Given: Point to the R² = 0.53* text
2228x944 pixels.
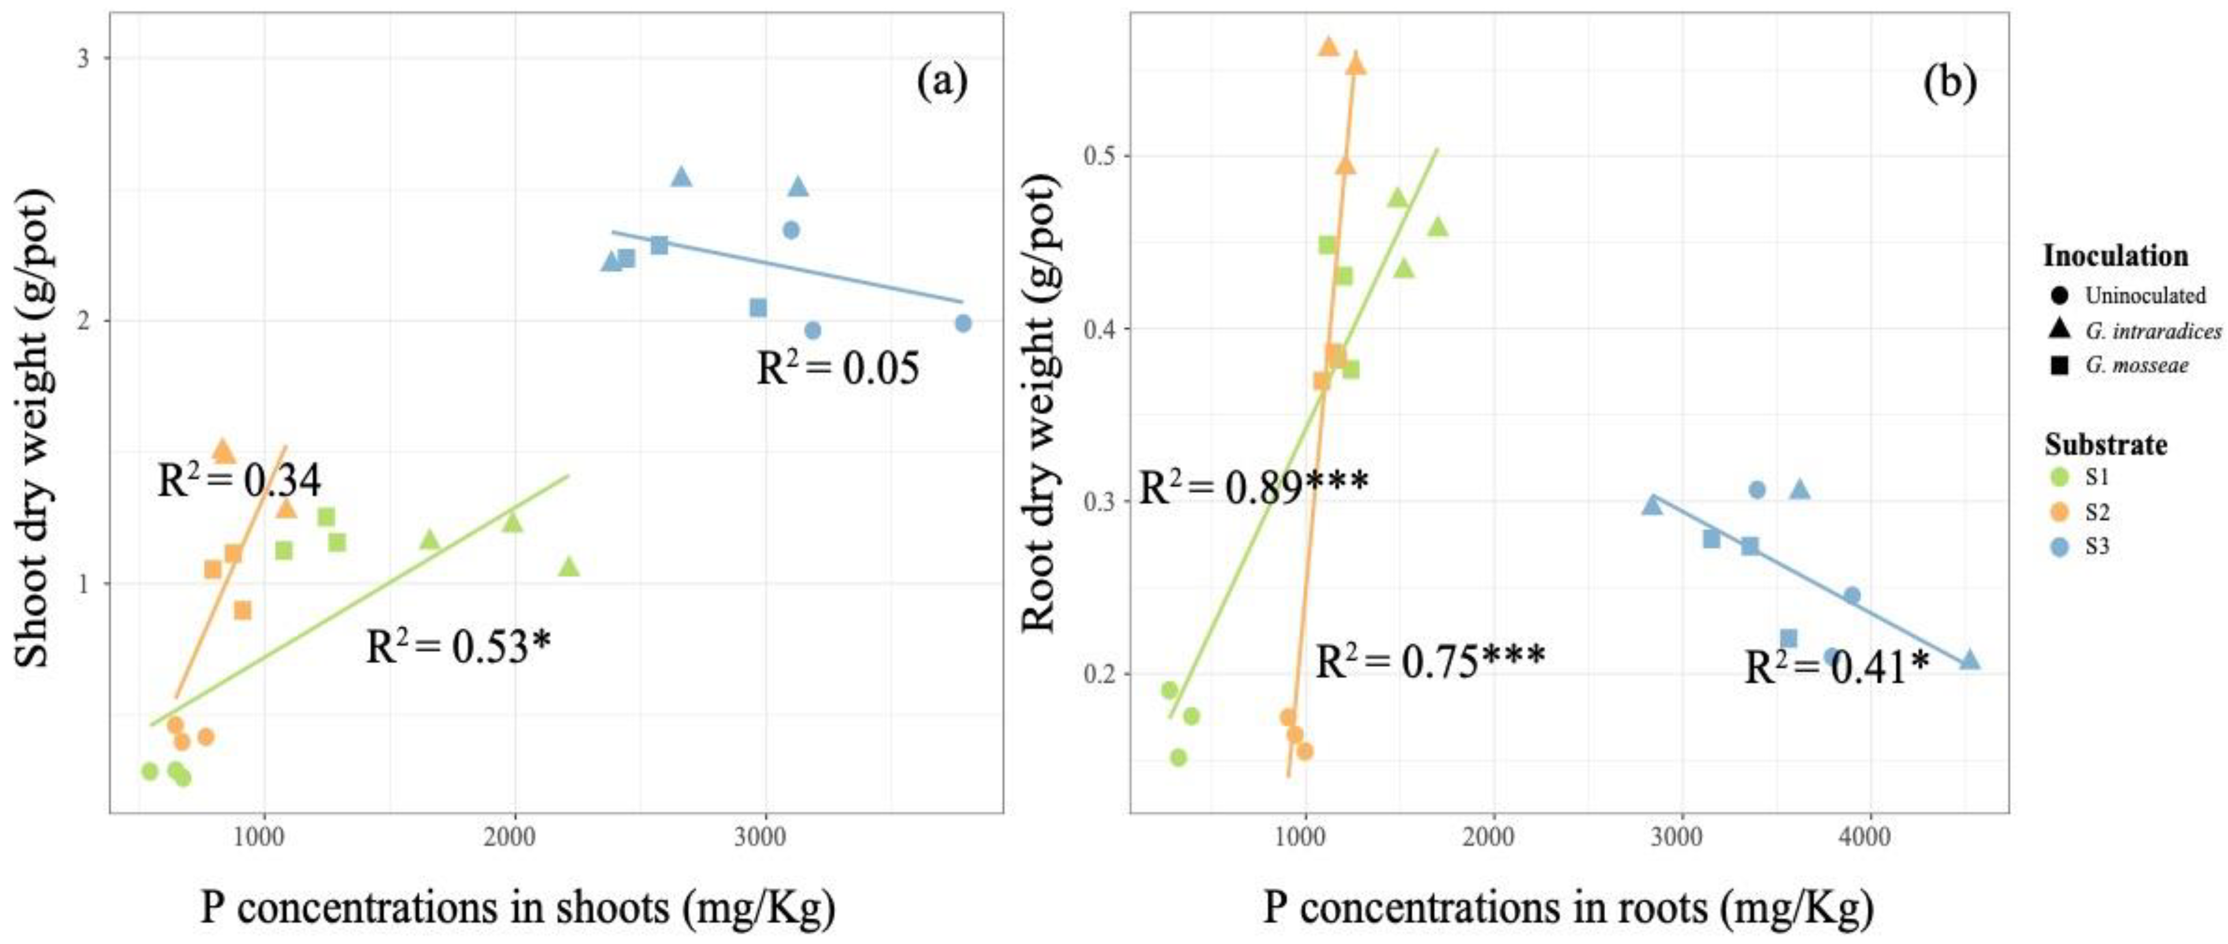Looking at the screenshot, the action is pyautogui.click(x=458, y=646).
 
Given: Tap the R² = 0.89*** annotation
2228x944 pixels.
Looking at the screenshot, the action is pyautogui.click(x=1253, y=487).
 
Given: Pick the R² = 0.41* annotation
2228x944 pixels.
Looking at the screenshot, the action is pyautogui.click(x=1835, y=667).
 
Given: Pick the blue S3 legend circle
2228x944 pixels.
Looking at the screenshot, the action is pyautogui.click(x=2059, y=547).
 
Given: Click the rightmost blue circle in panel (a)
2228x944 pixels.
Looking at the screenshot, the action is pyautogui.click(x=963, y=322).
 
